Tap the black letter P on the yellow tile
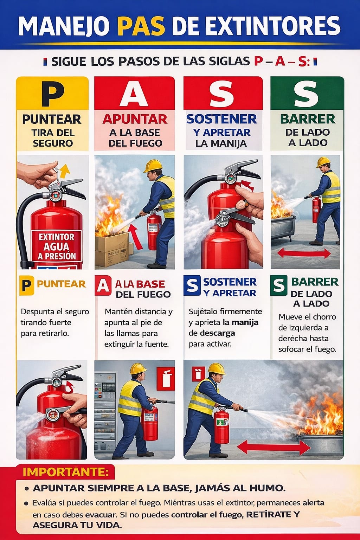pos(52,94)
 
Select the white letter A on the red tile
pos(134,94)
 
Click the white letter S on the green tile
pos(306,94)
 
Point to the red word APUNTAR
pos(135,119)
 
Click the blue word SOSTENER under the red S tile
pos(222,119)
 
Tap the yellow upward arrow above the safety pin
pos(65,171)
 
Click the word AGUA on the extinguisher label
pos(56,246)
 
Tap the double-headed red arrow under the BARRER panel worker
pos(304,253)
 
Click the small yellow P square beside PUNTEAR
pos(27,285)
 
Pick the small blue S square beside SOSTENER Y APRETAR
pos(192,285)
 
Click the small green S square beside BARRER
pos(279,285)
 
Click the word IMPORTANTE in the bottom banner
pos(65,472)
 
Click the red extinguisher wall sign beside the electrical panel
pos(166,379)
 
